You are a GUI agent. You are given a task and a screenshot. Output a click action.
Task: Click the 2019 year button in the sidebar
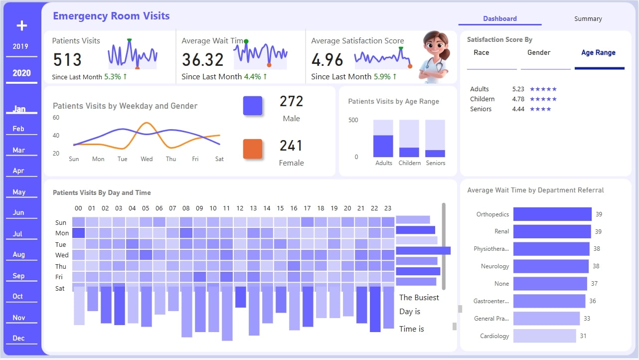tap(20, 46)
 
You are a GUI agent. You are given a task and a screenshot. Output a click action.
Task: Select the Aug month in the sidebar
tap(18, 254)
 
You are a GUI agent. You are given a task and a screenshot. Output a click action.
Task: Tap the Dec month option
tap(18, 338)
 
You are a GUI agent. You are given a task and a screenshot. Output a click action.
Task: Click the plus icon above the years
tap(21, 25)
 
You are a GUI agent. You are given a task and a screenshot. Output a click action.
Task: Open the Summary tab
tap(588, 19)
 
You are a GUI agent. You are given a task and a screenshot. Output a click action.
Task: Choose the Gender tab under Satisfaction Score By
tap(539, 53)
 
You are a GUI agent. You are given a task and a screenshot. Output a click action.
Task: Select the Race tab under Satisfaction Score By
tap(481, 53)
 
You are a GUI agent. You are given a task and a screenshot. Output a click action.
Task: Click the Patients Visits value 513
tap(67, 60)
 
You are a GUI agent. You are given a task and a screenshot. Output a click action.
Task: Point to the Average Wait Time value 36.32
tap(202, 60)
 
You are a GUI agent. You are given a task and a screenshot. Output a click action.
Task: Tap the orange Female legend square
tap(253, 149)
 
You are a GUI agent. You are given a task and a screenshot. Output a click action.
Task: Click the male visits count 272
tap(291, 102)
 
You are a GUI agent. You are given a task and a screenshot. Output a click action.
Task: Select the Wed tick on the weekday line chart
tap(147, 159)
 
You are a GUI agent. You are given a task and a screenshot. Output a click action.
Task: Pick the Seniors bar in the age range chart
tap(435, 153)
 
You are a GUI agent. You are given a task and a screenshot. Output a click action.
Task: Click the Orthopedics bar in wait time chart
tap(552, 214)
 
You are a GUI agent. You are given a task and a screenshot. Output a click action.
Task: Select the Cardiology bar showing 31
tap(544, 336)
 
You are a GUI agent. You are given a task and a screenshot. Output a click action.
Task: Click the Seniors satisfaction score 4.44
tap(518, 109)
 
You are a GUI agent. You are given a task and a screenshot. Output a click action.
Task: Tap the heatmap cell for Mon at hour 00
tap(79, 233)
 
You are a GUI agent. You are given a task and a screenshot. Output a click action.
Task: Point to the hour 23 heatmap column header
tap(388, 208)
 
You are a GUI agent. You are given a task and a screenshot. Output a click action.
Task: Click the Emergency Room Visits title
tap(111, 16)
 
